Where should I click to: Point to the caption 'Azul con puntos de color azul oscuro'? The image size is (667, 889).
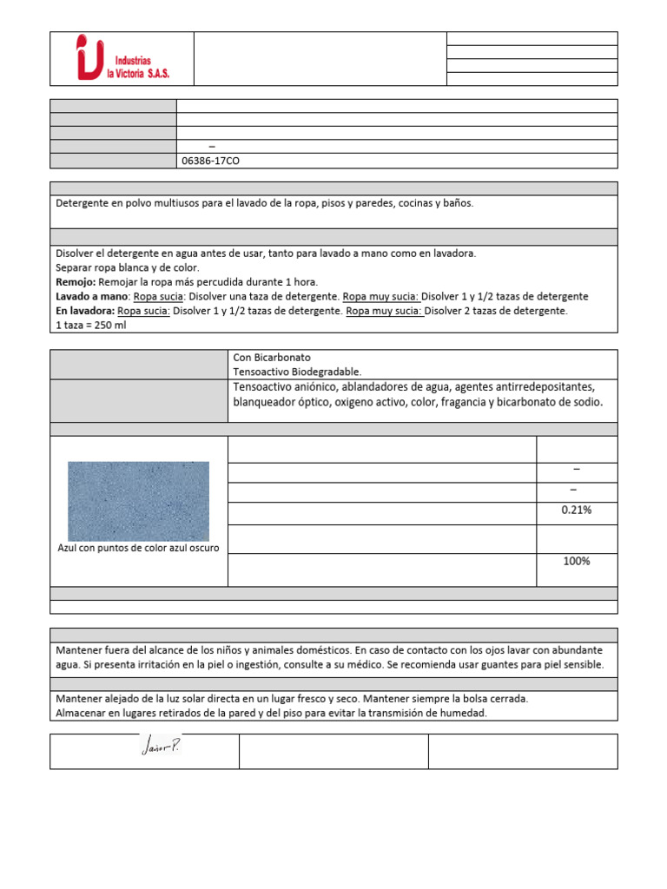[x=138, y=548]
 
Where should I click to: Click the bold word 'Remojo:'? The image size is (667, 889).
[x=76, y=282]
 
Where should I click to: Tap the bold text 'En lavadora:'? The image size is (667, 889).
[x=85, y=310]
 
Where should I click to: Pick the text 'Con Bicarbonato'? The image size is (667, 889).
[x=272, y=357]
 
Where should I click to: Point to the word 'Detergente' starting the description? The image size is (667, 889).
[x=83, y=203]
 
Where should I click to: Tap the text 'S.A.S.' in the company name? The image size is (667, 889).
[x=154, y=75]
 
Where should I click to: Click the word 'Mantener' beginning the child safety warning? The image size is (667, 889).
[x=81, y=650]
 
